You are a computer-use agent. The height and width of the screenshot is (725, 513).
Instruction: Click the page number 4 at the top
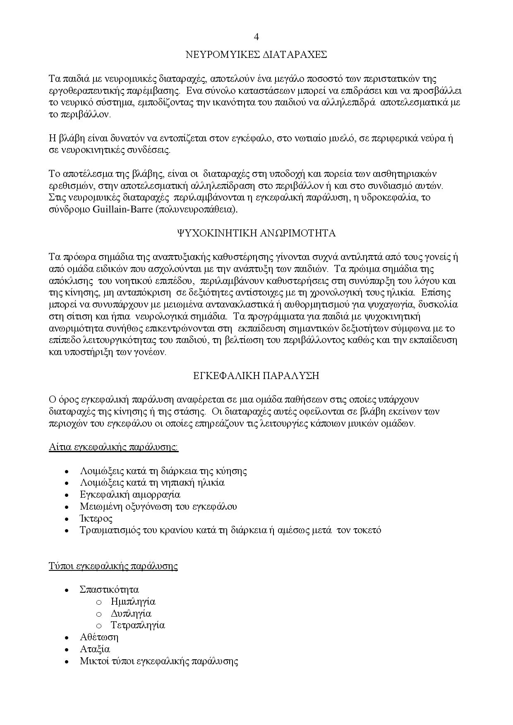[256, 37]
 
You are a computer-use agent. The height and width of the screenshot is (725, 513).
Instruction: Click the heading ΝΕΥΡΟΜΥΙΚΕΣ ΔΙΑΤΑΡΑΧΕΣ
[256, 55]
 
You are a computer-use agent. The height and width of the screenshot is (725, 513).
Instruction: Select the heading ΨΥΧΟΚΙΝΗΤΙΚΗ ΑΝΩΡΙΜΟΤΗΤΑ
[256, 234]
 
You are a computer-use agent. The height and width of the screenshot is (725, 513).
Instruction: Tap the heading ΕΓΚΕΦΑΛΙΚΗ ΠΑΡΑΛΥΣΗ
[256, 376]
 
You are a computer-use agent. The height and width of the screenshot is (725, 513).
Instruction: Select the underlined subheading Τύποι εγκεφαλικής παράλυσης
[113, 566]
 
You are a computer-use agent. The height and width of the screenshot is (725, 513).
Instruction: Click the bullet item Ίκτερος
[96, 518]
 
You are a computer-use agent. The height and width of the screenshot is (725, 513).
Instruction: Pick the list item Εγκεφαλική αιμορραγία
[130, 494]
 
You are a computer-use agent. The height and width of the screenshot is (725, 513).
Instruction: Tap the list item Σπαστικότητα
[109, 589]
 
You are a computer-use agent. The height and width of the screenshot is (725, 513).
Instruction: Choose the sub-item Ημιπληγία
[133, 601]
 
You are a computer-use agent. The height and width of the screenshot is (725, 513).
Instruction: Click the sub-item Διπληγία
[131, 613]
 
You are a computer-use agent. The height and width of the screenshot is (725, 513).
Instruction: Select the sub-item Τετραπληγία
[138, 625]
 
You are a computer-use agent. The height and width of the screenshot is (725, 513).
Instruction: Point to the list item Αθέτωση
[99, 637]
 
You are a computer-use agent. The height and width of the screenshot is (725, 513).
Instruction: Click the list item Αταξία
[95, 649]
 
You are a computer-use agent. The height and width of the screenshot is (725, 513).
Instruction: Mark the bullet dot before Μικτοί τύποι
[66, 661]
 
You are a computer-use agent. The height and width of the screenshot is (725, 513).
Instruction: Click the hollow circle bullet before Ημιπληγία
[98, 602]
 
